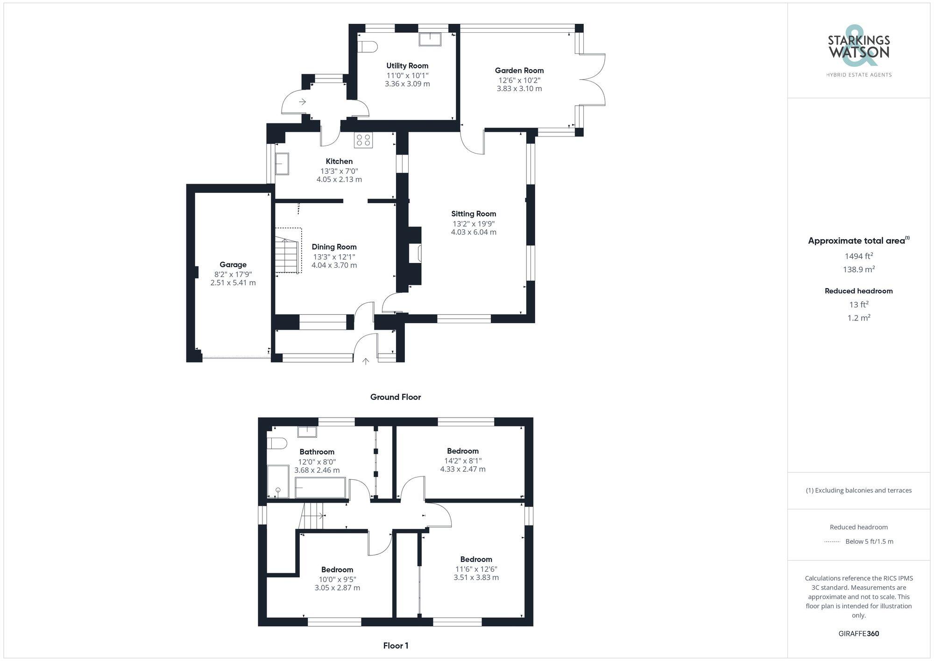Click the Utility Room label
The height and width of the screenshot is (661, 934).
407,66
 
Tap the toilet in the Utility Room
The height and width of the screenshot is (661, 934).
369,47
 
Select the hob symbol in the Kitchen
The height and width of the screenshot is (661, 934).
363,140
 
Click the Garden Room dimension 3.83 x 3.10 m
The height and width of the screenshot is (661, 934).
519,89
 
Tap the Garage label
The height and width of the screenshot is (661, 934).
233,264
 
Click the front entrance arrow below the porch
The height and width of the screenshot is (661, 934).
366,361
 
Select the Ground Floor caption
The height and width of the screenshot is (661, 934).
395,397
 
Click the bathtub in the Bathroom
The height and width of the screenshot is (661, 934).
320,488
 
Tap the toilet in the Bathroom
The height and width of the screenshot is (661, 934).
276,443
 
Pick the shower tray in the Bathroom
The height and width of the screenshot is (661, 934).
278,482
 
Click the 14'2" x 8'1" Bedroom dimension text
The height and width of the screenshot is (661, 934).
462,461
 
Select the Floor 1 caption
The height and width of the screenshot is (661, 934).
396,646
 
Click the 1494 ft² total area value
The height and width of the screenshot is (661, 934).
858,256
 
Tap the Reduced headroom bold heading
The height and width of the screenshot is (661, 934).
858,291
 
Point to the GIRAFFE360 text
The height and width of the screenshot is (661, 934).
858,634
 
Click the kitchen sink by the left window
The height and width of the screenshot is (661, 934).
282,164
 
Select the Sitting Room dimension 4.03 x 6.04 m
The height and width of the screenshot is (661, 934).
473,232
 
